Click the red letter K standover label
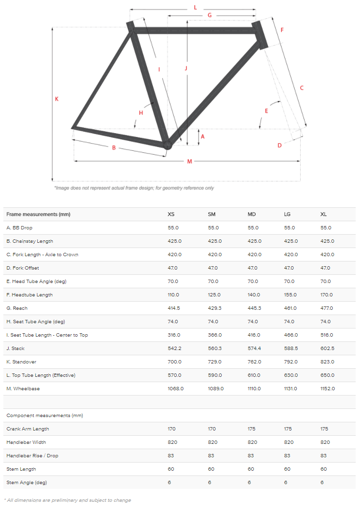pyautogui.click(x=56, y=99)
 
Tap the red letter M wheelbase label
pyautogui.click(x=190, y=161)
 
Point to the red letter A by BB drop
pyautogui.click(x=202, y=136)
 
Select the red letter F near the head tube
pyautogui.click(x=282, y=30)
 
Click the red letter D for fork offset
pyautogui.click(x=280, y=145)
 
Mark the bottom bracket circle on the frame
pyautogui.click(x=167, y=145)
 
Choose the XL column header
pyautogui.click(x=324, y=214)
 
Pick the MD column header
pyautogui.click(x=251, y=214)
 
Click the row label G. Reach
pyautogui.click(x=17, y=308)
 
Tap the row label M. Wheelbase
pyautogui.click(x=23, y=389)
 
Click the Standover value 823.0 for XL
pyautogui.click(x=327, y=362)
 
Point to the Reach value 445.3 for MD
pyautogui.click(x=254, y=308)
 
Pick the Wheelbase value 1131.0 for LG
pyautogui.click(x=291, y=389)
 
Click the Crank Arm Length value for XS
pyautogui.click(x=172, y=429)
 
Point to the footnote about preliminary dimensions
pyautogui.click(x=67, y=500)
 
